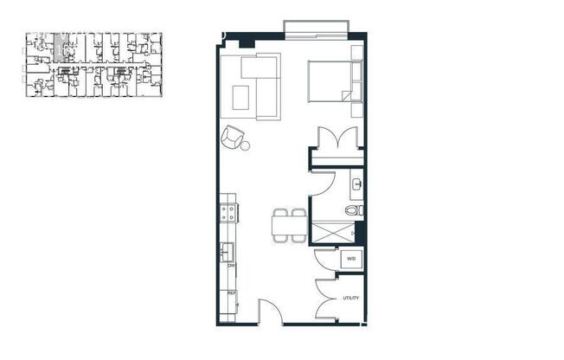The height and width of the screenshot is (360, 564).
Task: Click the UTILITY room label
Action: [350, 299]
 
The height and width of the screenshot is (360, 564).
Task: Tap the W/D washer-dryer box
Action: [351, 258]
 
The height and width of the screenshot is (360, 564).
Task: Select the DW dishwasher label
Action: [232, 267]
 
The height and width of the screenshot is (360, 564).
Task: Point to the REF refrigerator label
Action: [232, 293]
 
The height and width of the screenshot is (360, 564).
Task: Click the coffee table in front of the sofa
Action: [241, 98]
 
